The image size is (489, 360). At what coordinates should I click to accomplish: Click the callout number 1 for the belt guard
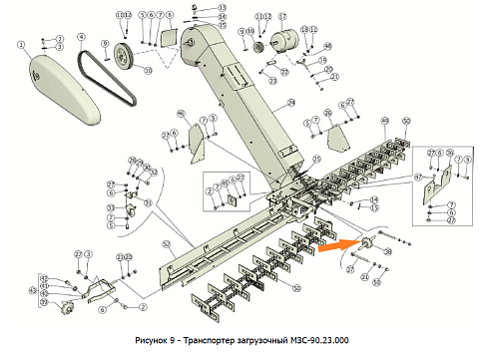click(19, 44)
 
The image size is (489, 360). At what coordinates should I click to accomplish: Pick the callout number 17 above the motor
click(280, 18)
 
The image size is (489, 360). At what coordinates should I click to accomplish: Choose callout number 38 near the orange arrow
click(388, 251)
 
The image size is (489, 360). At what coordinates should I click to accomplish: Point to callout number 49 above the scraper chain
click(384, 120)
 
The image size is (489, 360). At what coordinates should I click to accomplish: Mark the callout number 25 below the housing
click(317, 158)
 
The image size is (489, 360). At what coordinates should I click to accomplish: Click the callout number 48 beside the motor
click(328, 47)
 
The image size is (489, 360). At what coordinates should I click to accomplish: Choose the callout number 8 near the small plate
click(170, 16)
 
